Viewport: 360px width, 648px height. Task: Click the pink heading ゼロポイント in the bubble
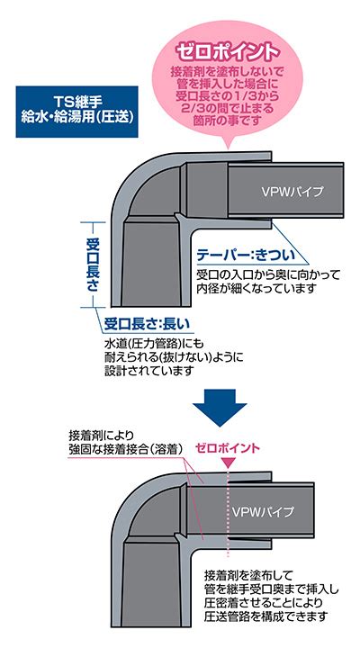pos(228,51)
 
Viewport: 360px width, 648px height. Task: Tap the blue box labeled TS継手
pos(76,112)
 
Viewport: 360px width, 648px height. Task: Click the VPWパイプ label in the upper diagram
pos(292,192)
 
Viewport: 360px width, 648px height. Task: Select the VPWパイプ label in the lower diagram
pos(262,511)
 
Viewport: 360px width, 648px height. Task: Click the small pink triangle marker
pos(229,463)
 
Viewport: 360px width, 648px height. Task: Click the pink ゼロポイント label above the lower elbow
pos(228,448)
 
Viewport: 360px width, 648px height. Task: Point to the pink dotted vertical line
pos(228,513)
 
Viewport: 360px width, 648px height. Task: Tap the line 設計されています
pos(149,370)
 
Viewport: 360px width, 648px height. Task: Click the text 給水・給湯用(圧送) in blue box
pos(77,117)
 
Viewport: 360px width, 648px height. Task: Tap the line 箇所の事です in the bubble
pos(228,121)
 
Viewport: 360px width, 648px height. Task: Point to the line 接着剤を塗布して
pos(248,575)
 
